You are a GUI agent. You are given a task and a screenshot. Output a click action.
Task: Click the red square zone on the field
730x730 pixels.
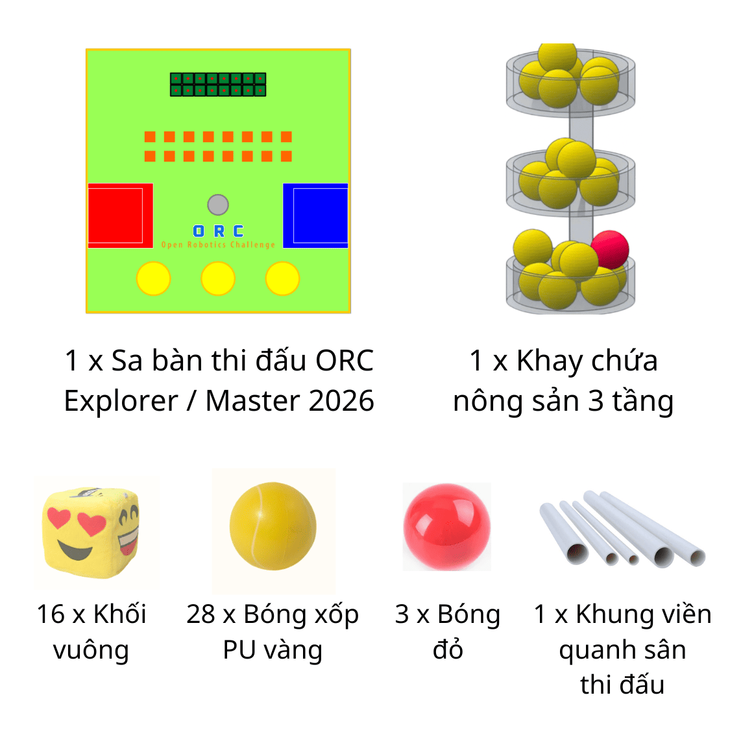click(121, 215)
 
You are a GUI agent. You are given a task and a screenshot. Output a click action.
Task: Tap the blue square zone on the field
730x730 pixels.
click(315, 215)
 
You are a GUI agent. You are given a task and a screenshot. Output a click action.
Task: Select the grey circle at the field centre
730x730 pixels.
click(218, 204)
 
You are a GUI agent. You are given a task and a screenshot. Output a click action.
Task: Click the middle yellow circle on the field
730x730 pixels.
click(218, 278)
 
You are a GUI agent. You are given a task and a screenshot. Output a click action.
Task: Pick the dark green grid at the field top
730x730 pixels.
click(218, 84)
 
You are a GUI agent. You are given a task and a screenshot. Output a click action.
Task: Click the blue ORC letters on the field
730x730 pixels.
click(218, 231)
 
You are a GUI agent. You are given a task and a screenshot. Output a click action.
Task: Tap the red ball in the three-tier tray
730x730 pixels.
click(610, 250)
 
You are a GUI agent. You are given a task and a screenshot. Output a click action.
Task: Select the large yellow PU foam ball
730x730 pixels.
click(273, 526)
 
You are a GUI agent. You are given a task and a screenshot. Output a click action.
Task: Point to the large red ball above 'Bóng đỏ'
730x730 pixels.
click(447, 527)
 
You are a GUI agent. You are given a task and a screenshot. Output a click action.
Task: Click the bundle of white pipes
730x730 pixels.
click(623, 528)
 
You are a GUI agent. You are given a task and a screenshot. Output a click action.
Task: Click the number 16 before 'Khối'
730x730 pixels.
click(51, 614)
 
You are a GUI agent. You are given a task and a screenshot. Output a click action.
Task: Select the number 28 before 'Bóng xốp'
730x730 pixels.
click(201, 614)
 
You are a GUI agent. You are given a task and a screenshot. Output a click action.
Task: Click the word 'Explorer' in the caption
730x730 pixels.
click(121, 401)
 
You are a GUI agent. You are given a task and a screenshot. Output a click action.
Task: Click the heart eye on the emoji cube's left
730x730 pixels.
click(58, 518)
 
